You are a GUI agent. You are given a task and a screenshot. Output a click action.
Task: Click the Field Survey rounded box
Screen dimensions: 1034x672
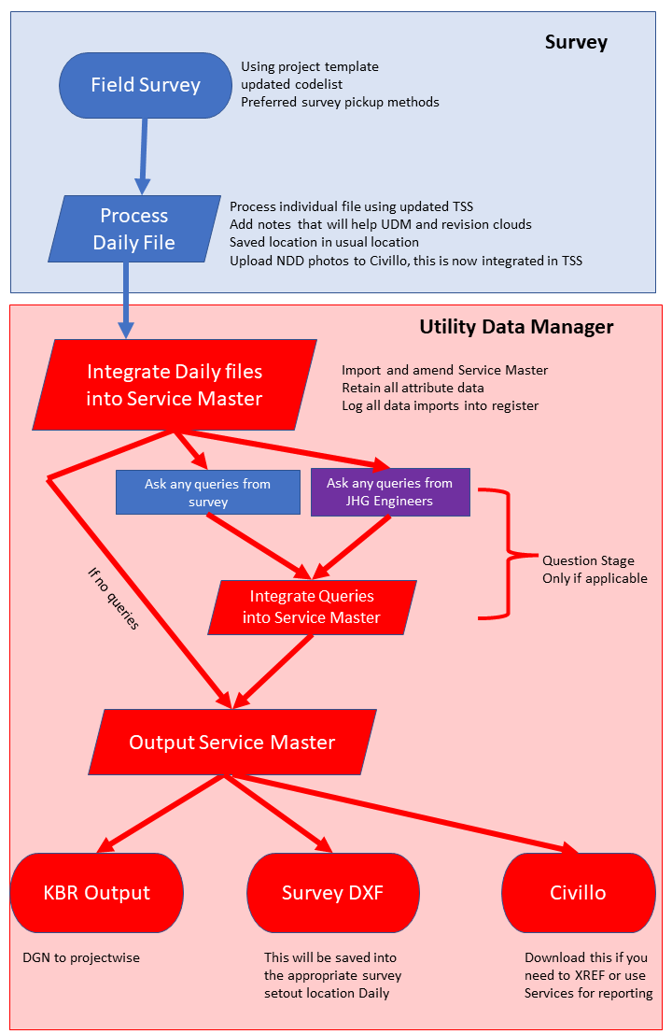tap(145, 85)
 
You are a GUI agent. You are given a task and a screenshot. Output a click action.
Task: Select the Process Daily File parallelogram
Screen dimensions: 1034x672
tap(134, 229)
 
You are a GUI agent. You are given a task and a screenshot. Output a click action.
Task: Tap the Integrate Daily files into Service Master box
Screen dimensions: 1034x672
tap(175, 385)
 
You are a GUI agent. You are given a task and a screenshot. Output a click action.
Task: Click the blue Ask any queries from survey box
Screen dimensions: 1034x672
tap(207, 492)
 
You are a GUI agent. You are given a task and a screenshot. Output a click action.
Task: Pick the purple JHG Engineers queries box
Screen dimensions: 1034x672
tap(389, 492)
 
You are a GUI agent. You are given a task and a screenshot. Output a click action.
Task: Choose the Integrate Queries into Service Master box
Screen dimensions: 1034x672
tap(311, 606)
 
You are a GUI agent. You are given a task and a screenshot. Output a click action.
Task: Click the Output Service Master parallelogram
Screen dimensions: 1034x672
tap(231, 743)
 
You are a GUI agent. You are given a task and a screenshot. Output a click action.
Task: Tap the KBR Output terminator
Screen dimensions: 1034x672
tap(97, 892)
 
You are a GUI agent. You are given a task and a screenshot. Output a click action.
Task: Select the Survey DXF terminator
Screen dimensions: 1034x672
tap(332, 892)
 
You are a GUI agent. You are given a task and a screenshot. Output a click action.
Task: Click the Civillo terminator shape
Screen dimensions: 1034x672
tap(578, 892)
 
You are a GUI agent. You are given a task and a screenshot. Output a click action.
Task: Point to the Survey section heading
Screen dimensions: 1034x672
tap(576, 42)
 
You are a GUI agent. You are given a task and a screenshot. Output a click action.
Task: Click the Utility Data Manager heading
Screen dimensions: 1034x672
tap(516, 327)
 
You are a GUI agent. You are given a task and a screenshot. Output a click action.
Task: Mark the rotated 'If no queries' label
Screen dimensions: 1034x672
tap(110, 597)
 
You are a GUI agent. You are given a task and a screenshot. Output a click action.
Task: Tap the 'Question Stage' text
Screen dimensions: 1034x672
tap(588, 560)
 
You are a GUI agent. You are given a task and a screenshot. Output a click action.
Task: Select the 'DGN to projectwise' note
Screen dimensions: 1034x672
tap(80, 957)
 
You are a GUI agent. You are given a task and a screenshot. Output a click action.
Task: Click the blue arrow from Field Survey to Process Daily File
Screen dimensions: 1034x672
tap(142, 149)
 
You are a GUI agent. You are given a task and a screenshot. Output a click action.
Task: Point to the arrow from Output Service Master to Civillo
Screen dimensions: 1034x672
tap(401, 812)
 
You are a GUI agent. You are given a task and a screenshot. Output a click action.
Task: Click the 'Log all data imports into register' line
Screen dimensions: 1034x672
tap(440, 405)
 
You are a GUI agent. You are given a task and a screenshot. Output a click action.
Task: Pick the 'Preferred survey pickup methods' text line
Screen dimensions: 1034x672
tap(340, 102)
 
